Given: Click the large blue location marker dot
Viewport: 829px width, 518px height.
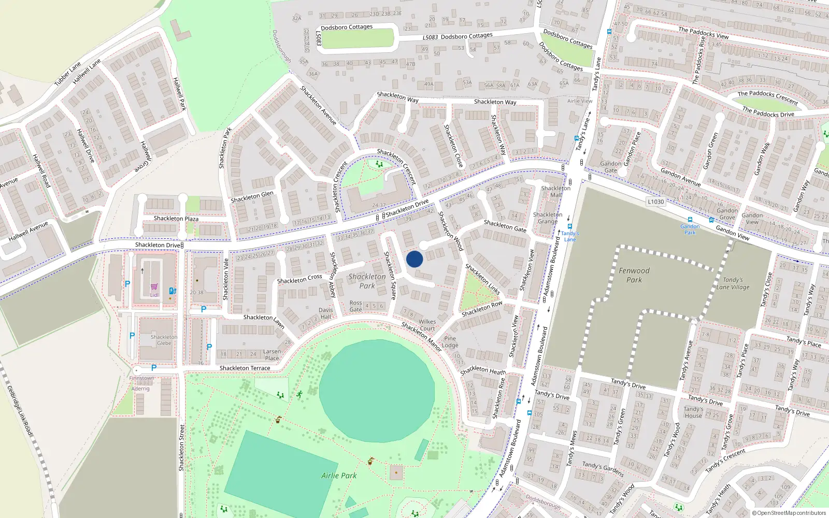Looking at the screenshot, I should pos(414,259).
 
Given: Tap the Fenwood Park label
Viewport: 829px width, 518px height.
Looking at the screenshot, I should pos(634,275).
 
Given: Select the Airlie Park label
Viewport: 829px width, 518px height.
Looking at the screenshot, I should pos(339,476).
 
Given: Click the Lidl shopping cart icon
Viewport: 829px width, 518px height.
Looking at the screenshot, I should pos(154,286).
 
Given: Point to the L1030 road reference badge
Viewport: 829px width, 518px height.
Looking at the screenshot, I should pos(655,202).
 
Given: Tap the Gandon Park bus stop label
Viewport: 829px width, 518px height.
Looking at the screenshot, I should pos(690,229).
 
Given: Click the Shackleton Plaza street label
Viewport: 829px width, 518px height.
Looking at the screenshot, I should pos(176,219).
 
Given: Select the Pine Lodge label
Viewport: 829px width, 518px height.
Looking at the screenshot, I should pos(450,342).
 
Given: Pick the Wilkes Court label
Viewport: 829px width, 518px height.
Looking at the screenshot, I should pos(427,325).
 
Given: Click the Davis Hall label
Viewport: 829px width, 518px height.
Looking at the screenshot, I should pos(326,313).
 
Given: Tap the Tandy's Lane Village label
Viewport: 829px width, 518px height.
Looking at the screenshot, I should pos(733,283).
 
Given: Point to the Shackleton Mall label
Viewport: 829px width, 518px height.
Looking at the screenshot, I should pos(555,192).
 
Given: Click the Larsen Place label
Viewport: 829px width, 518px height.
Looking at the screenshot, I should pos(272,355).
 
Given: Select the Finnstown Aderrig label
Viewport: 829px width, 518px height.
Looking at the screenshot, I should pos(141,383).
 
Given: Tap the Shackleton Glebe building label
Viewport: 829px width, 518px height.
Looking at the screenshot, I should pos(164,340).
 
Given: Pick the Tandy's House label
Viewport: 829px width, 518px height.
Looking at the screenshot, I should pos(693,412).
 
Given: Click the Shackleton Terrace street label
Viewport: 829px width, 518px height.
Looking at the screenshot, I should pos(245,368).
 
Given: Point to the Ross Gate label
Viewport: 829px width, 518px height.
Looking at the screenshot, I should pos(355,306).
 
